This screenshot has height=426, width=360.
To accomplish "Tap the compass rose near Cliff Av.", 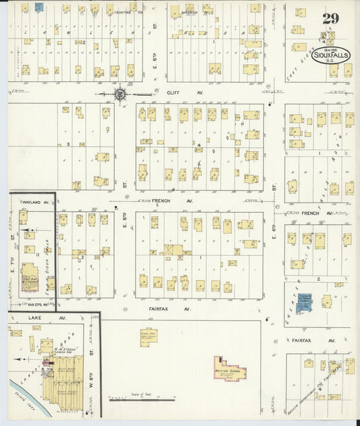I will pyautogui.click(x=120, y=95).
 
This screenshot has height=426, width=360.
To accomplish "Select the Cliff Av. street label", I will pyautogui.click(x=175, y=93).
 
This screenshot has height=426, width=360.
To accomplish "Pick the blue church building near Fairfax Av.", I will pyautogui.click(x=305, y=302).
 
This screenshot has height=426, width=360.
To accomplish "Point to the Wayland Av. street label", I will pyautogui.click(x=37, y=202).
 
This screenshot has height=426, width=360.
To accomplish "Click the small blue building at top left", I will pyautogui.click(x=39, y=7).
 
